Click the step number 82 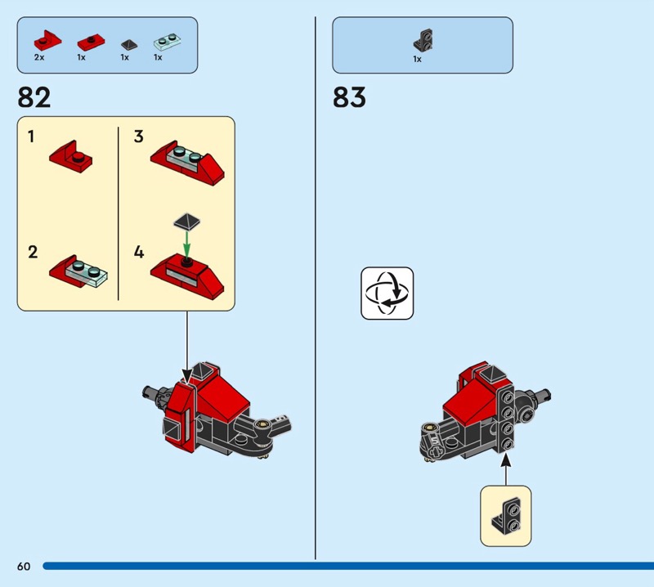(x=34, y=97)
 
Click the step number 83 (x=349, y=97)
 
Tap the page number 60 (x=24, y=566)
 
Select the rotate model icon (x=387, y=293)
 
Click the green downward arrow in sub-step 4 (x=187, y=245)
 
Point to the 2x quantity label (x=39, y=57)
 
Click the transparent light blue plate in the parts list (x=168, y=42)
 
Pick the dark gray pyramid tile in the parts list (x=129, y=44)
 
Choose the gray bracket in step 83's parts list (x=423, y=40)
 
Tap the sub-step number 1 (x=31, y=137)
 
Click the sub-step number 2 (x=33, y=252)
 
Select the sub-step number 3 (x=138, y=137)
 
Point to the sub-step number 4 (x=139, y=252)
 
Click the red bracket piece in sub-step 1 (x=71, y=157)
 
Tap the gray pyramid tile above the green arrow (x=187, y=221)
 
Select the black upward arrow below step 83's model (x=505, y=469)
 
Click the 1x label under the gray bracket (x=417, y=59)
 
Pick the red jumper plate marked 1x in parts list (x=91, y=43)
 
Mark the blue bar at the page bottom (x=348, y=566)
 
